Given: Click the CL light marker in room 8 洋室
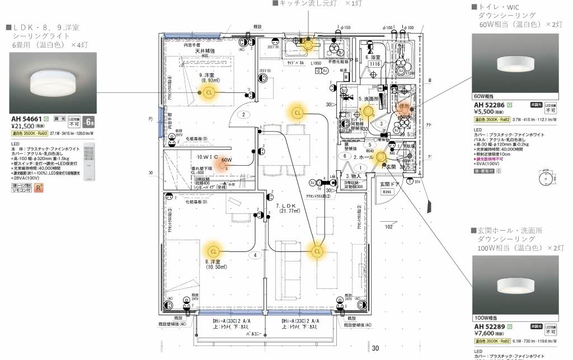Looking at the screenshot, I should (x=213, y=251).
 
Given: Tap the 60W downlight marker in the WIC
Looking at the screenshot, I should (x=224, y=161).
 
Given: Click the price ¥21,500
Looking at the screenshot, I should (x=24, y=127).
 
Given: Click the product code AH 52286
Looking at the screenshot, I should (x=490, y=105).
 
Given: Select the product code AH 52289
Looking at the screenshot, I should (x=490, y=326).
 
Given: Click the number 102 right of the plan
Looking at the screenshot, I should (x=389, y=227).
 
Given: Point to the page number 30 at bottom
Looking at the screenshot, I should (x=375, y=349).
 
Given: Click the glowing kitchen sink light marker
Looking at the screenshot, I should (x=307, y=44).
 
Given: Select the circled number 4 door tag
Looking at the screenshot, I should (x=256, y=255).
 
